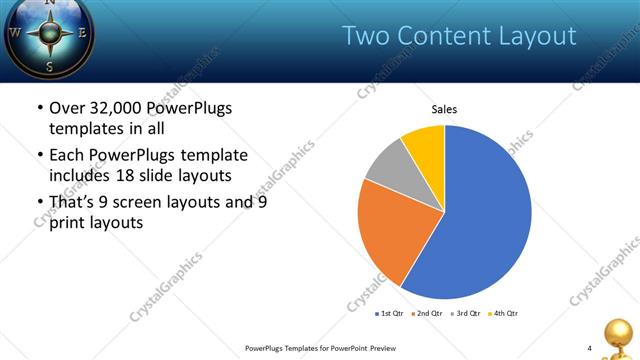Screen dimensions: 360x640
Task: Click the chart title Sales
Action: pos(445,109)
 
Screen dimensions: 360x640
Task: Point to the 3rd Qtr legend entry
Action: pos(466,313)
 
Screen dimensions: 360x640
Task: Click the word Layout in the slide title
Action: pos(541,36)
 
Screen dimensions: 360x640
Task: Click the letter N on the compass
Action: pos(50,5)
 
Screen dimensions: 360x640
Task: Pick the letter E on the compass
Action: pos(82,32)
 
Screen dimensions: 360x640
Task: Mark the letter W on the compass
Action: pos(15,32)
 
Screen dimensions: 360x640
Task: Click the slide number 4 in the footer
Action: pos(589,348)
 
